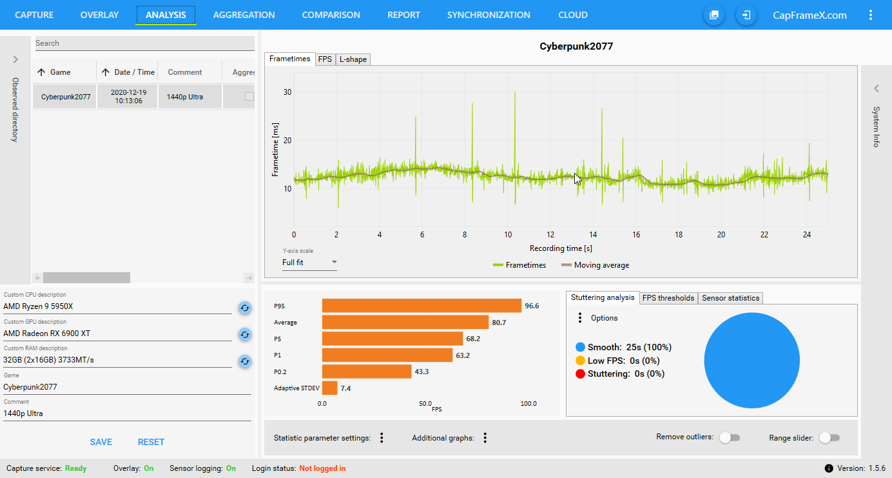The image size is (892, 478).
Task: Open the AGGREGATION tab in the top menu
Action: point(244,15)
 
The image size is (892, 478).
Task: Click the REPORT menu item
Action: point(403,15)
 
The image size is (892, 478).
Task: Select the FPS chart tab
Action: point(325,59)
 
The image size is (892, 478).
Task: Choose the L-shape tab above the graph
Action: point(353,59)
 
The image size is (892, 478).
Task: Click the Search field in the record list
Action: point(144,43)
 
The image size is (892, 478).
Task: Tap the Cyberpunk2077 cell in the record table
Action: point(66,97)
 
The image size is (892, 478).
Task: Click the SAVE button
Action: point(101,442)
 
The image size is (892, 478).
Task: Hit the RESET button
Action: point(151,442)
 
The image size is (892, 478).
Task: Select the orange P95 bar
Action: point(422,306)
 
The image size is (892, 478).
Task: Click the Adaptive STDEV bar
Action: point(329,388)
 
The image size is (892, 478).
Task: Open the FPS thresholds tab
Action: point(668,298)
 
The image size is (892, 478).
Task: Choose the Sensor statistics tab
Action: point(731,298)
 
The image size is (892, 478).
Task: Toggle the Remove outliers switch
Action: point(730,438)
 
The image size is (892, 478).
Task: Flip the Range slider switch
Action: point(829,438)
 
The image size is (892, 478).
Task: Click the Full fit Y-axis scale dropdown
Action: point(309,263)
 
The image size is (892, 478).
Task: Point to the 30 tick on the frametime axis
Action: point(287,92)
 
